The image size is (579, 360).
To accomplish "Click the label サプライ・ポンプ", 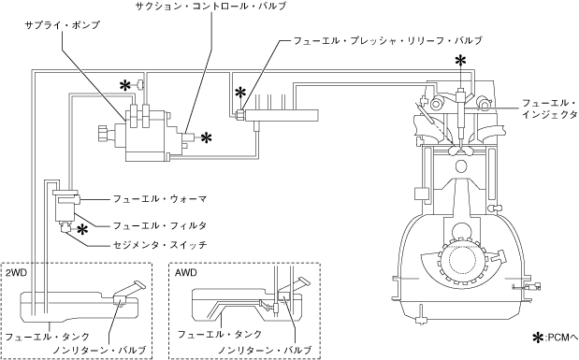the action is (62, 25).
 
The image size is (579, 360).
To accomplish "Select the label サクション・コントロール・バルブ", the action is (210, 6).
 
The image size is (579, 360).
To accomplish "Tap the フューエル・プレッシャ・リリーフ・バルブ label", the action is (388, 40).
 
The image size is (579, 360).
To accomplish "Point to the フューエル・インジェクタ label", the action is (549, 108).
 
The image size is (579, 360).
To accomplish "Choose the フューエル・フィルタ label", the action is (160, 225).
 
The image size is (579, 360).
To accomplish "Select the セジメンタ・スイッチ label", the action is (160, 245).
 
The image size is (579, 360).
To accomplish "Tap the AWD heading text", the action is (186, 273).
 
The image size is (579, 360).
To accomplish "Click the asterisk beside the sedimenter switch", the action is (82, 229).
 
